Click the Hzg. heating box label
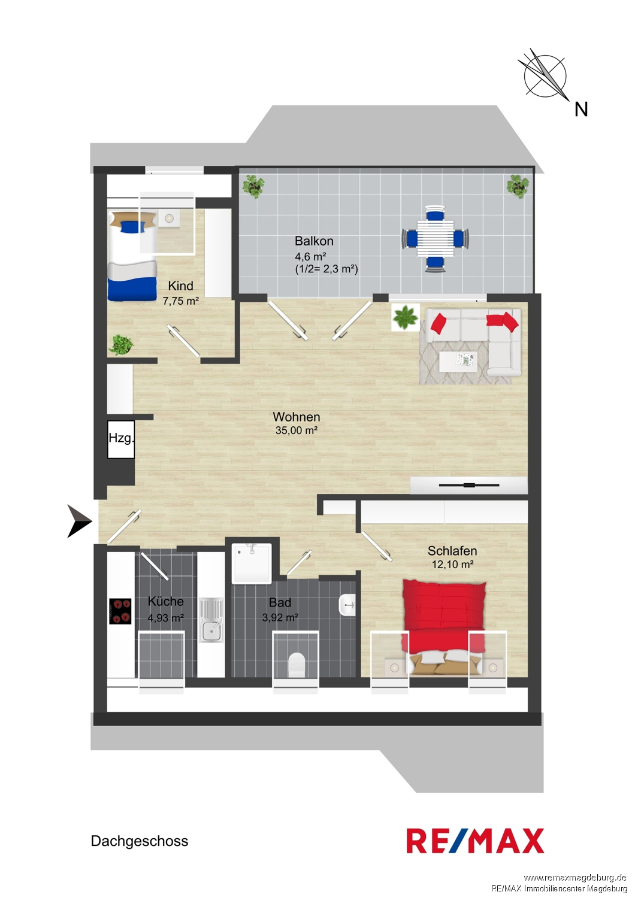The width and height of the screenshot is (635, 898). click(121, 438)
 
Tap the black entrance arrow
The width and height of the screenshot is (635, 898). click(80, 521)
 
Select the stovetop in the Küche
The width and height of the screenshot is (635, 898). click(120, 611)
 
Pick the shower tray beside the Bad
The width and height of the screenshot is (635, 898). click(252, 564)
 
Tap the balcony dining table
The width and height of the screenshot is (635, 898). click(436, 239)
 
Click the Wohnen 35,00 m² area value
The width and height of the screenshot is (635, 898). click(297, 431)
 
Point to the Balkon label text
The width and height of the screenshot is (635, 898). click(314, 241)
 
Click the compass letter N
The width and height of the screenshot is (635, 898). click(581, 109)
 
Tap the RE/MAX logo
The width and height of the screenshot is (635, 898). click(475, 841)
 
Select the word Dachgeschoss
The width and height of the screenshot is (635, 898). click(140, 841)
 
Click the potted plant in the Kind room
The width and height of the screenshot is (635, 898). click(121, 345)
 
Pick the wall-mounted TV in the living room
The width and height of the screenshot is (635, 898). click(469, 486)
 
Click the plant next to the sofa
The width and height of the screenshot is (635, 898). click(405, 317)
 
